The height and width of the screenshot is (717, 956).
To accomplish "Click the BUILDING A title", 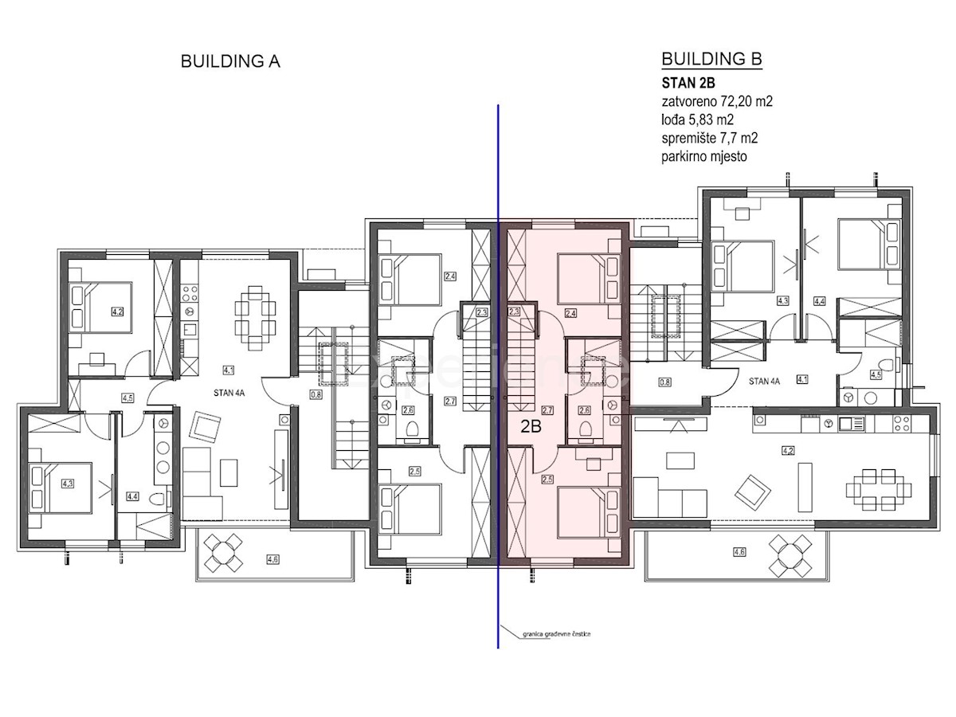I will tap(230, 61).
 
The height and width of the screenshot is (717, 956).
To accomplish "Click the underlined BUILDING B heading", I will tap(711, 60).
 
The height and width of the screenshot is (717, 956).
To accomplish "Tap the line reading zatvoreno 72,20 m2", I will tap(717, 101).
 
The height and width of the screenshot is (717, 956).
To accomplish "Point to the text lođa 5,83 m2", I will tap(697, 119).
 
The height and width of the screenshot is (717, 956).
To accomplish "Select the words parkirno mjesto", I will tap(703, 156).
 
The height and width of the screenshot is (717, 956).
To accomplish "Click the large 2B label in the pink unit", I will tap(531, 426).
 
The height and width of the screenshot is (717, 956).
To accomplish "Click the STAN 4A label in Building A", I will tap(228, 392).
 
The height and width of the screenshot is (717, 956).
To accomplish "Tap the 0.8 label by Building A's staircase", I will tap(315, 394).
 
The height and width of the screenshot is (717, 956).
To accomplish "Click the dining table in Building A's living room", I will tap(254, 319).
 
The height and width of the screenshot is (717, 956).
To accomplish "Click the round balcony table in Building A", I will tap(224, 550).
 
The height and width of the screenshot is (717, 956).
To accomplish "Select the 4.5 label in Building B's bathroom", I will tap(876, 374).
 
